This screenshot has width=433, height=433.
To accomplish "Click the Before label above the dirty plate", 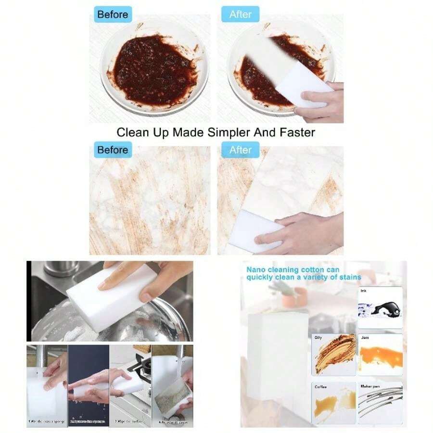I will [113, 14].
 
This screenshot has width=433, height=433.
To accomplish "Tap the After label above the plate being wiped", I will [240, 14].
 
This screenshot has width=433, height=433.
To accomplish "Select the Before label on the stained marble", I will [113, 150].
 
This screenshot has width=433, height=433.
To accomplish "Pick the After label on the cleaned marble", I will [240, 150].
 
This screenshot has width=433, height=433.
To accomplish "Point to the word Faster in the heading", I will [295, 132].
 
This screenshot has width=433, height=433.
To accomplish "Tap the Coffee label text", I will [320, 386].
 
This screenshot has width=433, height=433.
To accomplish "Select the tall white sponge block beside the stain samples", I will [278, 356].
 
